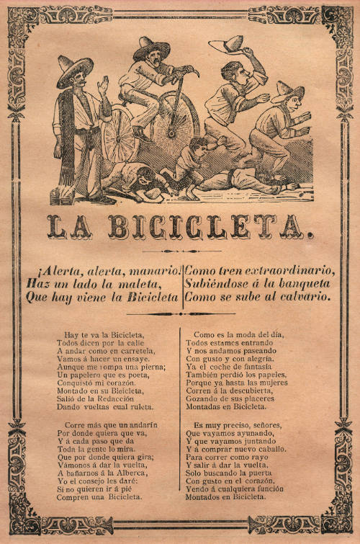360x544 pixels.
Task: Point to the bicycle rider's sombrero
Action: click(x=151, y=49)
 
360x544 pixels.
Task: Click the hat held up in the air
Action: click(x=225, y=45)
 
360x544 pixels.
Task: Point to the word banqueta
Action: click(x=301, y=284)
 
